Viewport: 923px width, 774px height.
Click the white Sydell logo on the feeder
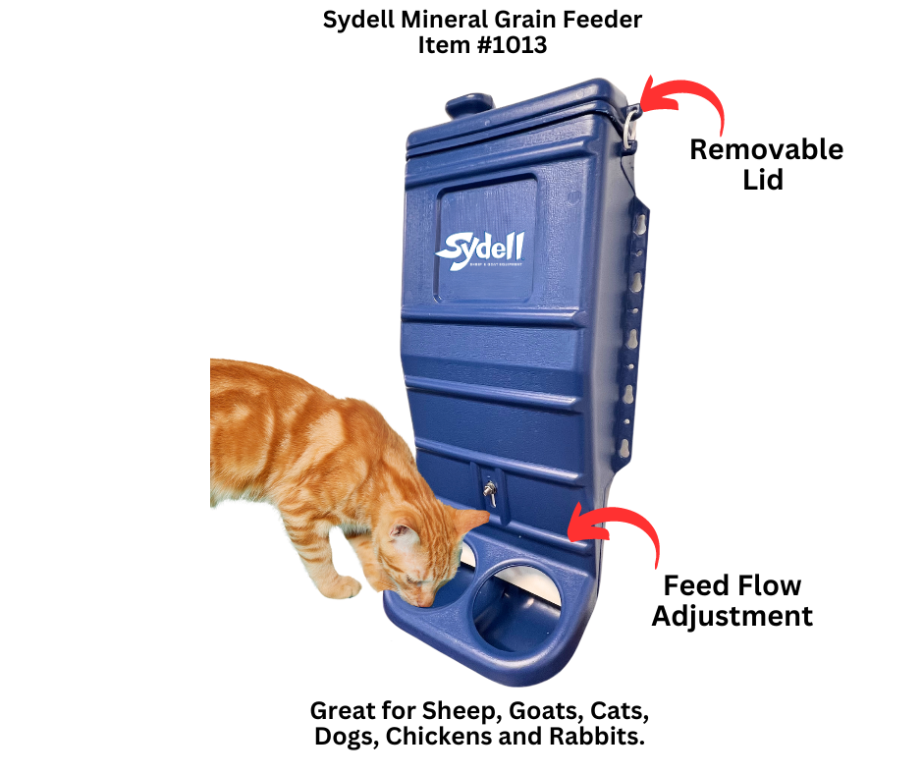[480, 249]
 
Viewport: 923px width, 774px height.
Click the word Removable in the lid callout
[766, 149]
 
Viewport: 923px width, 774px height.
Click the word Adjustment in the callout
[733, 616]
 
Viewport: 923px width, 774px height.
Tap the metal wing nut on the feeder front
[487, 490]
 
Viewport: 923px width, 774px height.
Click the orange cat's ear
[402, 535]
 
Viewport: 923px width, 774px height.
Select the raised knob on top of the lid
[469, 104]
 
